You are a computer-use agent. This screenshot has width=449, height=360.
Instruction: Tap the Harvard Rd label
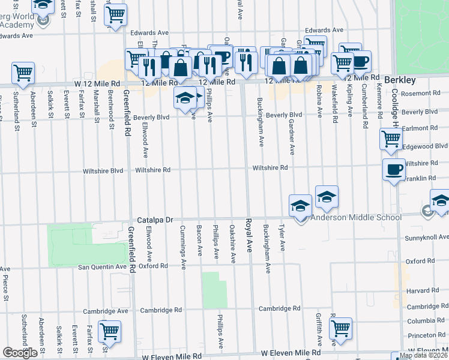point(419,290)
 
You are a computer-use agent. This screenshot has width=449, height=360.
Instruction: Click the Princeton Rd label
point(425,335)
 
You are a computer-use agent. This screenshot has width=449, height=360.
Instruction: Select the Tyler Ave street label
point(282,238)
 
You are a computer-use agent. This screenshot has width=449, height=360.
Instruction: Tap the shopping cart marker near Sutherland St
point(23,73)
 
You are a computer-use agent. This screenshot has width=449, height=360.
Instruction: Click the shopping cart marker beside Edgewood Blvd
point(391,139)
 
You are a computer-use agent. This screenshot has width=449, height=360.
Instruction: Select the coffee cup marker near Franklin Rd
point(393,170)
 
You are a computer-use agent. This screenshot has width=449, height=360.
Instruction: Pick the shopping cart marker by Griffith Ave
point(340,328)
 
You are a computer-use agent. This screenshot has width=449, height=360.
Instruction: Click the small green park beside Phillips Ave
point(214,290)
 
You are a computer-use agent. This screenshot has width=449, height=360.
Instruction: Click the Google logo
point(20,353)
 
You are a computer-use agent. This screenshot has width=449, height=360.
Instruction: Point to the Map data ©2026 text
point(423,355)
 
